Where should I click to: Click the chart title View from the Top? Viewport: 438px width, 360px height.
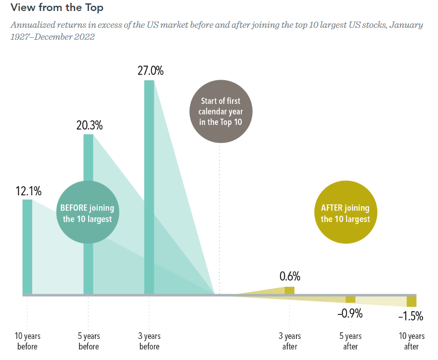tap(56, 8)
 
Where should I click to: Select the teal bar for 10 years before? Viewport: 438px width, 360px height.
tap(27, 247)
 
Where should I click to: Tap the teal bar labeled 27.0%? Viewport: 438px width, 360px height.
tap(149, 187)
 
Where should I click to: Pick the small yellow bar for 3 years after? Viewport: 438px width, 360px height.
tap(290, 290)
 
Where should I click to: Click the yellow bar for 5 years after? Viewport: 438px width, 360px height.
tap(350, 299)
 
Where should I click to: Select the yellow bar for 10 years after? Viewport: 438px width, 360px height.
tap(411, 301)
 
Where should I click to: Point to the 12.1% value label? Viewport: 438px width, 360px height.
tap(28, 191)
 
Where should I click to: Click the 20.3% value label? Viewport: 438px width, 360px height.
tap(90, 125)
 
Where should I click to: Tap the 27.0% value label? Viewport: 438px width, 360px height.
tap(150, 71)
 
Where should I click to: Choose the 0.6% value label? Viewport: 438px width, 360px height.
tap(290, 276)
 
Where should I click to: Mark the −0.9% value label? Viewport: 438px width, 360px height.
tap(349, 314)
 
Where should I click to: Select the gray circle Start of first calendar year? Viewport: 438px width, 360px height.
tap(220, 111)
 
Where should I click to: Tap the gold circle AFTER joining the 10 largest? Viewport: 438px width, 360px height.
tap(345, 214)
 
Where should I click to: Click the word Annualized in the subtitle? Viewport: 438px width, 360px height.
tap(32, 25)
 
